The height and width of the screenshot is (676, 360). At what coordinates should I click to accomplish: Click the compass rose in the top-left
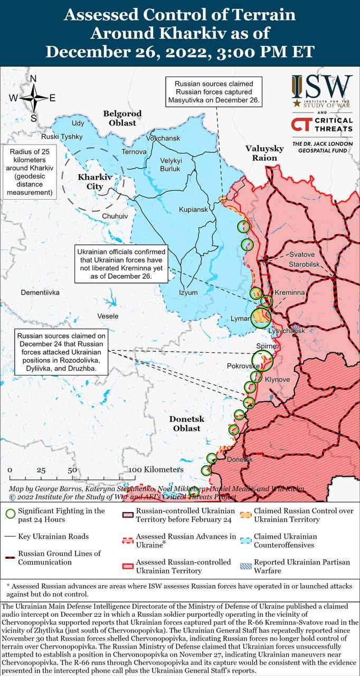(x=33, y=98)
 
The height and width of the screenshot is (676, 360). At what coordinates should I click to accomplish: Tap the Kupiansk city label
(x=193, y=210)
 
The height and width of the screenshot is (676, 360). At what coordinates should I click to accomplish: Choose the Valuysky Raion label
(x=264, y=153)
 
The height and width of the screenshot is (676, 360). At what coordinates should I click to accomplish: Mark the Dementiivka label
(x=40, y=292)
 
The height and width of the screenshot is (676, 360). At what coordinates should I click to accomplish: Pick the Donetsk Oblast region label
(x=185, y=424)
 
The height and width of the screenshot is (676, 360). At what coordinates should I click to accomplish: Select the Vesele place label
(x=108, y=316)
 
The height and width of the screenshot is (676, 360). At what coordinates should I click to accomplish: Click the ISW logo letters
(x=321, y=86)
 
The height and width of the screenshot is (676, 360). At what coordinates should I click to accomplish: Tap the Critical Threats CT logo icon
(x=301, y=125)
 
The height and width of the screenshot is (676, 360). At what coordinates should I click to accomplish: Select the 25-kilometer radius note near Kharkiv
(x=31, y=172)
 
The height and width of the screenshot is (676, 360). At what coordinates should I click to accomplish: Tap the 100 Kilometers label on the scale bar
(x=156, y=470)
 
